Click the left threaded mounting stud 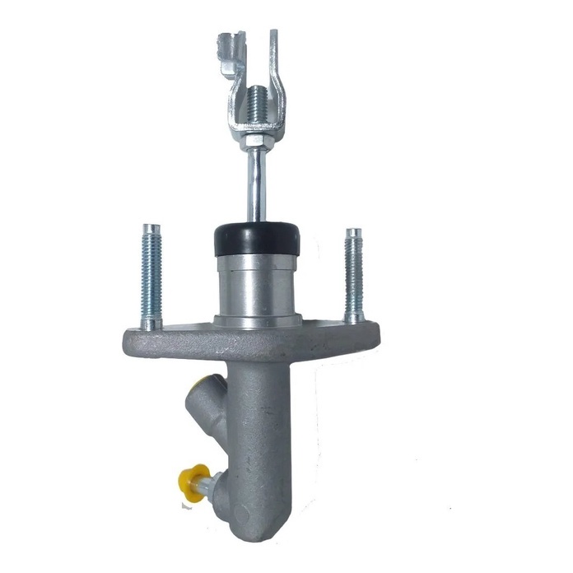click(x=151, y=276)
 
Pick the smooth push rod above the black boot click(x=256, y=189)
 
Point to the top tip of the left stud click(x=149, y=227)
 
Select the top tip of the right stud click(x=353, y=231)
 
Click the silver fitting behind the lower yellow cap click(x=217, y=486)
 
